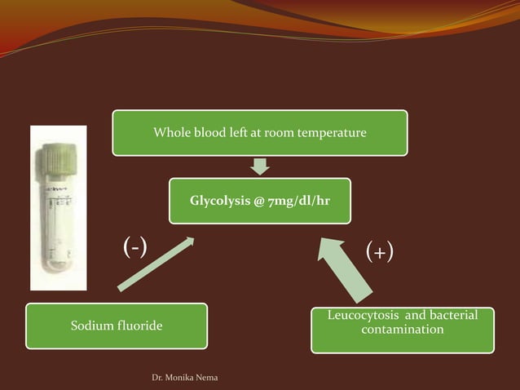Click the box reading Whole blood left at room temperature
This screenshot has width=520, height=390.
(x=259, y=133)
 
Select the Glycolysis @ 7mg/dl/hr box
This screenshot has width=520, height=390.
(x=259, y=201)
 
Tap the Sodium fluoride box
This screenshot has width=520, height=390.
(x=116, y=326)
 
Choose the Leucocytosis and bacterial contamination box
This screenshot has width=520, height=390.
(x=402, y=330)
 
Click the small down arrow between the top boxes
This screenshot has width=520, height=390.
(x=259, y=166)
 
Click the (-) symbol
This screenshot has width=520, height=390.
(x=134, y=246)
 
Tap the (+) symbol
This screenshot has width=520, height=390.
(x=379, y=251)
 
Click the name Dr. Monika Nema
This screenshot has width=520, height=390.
(x=180, y=377)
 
